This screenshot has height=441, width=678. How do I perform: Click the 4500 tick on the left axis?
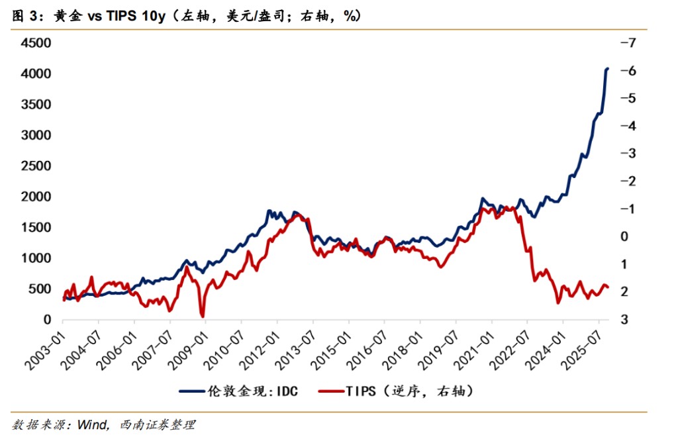[x=36, y=43]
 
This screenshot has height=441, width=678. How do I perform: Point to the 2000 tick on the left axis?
[x=36, y=197]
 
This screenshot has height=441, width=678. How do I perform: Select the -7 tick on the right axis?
[x=626, y=43]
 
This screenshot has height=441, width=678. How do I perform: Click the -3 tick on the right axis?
[x=626, y=153]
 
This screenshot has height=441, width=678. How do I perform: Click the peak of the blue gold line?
[x=608, y=68]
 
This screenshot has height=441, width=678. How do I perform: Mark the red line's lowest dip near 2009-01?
[x=203, y=316]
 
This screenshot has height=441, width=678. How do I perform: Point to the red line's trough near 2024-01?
[x=558, y=302]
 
